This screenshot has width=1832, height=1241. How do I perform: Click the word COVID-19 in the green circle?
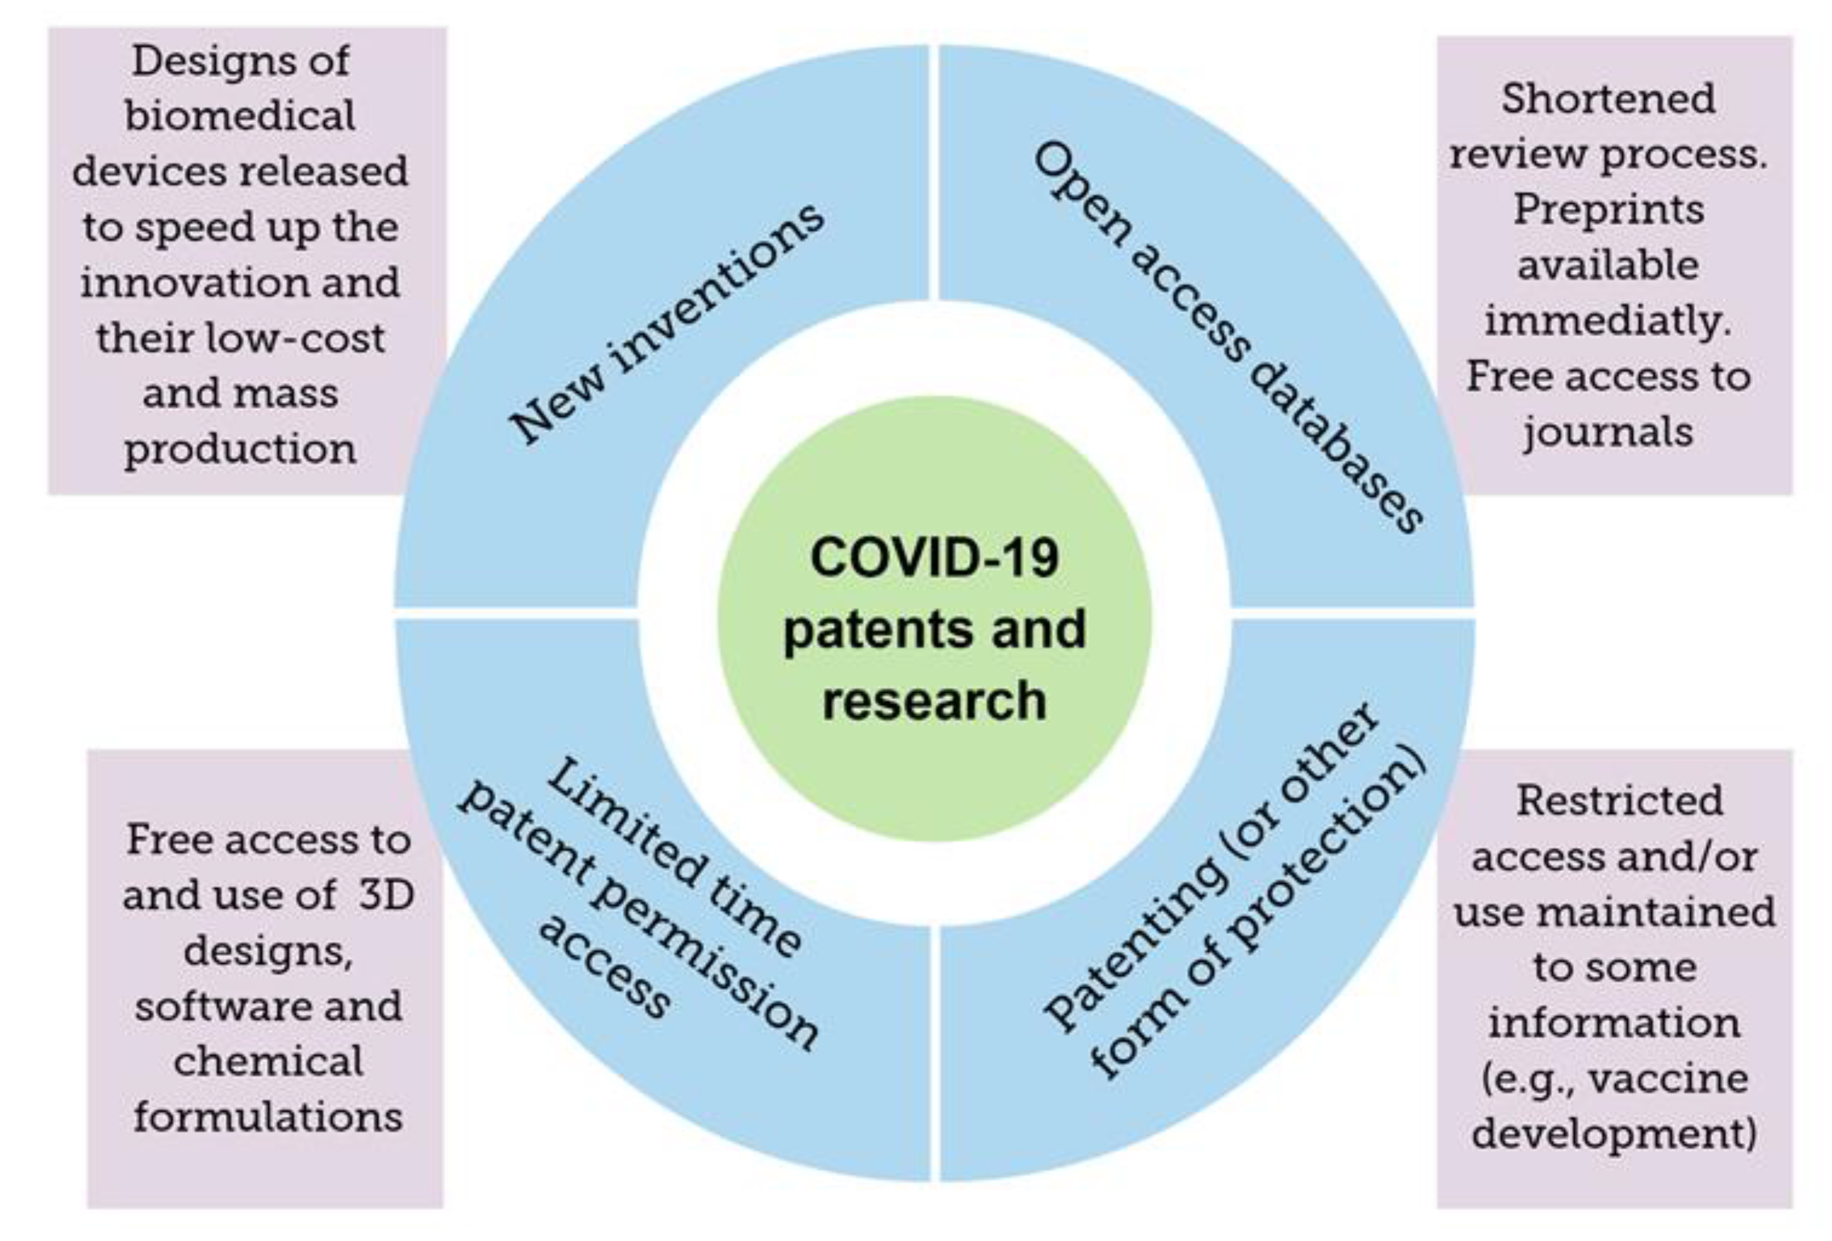(x=934, y=557)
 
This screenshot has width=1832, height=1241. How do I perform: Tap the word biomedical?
(x=240, y=117)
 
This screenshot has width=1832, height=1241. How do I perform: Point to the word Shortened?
(x=1608, y=99)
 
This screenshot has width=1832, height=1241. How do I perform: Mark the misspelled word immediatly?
(x=1608, y=321)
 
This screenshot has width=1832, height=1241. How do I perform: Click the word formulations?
(x=268, y=1118)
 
